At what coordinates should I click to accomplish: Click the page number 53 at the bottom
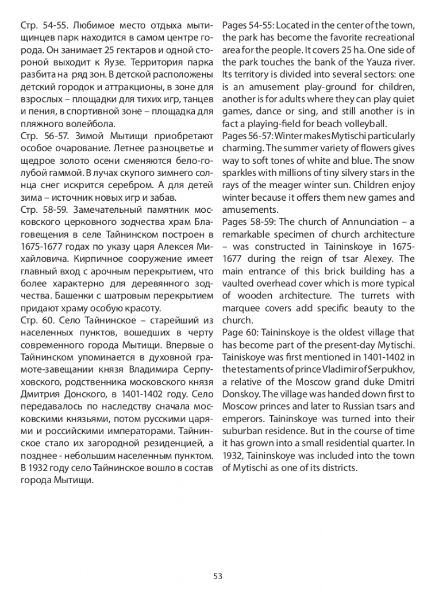pyautogui.click(x=217, y=576)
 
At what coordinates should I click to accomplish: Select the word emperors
pyautogui.click(x=241, y=419)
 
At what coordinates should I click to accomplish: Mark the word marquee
pyautogui.click(x=241, y=308)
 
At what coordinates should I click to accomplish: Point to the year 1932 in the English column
pyautogui.click(x=233, y=456)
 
